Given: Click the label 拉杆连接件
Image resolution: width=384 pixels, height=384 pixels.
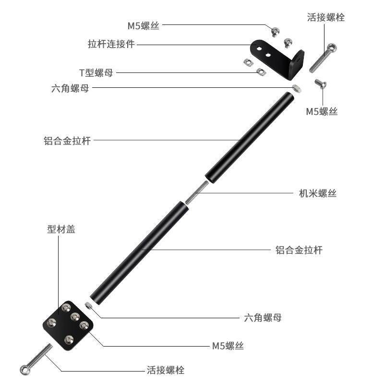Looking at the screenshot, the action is point(111,44).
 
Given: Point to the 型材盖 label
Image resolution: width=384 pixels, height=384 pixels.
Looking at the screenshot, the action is point(61,229).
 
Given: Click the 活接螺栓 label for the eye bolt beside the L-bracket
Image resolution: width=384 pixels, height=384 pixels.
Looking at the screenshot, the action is point(326,18).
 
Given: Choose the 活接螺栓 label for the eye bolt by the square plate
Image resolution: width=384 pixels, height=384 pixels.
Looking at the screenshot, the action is point(165,370).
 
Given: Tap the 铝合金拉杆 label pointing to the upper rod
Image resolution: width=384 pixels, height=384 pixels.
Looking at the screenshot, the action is point(67,141).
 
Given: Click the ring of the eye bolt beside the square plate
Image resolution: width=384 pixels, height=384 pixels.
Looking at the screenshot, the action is point(24,370).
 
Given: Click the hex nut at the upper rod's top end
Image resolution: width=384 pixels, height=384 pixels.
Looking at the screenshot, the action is point(296,87).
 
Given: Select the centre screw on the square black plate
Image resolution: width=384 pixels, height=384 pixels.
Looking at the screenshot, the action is point(75,317).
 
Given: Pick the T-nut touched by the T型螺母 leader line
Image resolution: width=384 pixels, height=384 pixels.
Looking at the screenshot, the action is point(260,72).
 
